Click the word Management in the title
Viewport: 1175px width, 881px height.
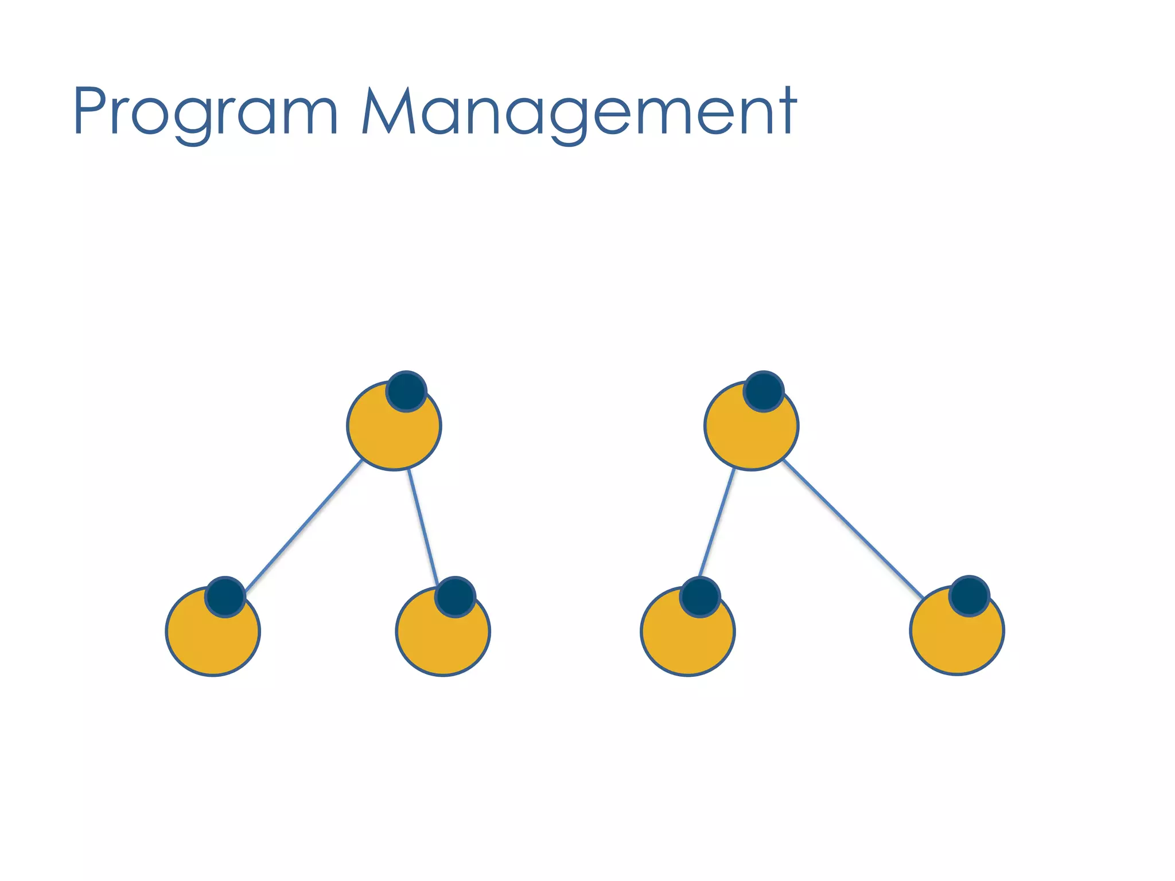tap(579, 112)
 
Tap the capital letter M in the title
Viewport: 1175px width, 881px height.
tap(389, 111)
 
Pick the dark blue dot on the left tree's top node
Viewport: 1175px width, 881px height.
tap(406, 391)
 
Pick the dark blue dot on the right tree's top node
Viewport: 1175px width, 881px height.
tap(764, 391)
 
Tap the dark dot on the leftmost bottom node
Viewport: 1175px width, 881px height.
tap(225, 597)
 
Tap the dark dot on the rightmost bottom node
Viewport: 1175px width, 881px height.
tap(969, 596)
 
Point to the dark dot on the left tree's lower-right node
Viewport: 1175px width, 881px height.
tap(455, 597)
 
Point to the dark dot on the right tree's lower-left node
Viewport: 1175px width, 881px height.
tap(700, 597)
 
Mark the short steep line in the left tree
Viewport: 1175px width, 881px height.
tap(423, 527)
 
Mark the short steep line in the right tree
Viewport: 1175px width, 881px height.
tap(717, 522)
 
